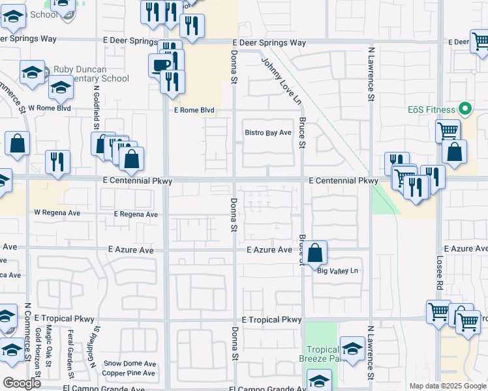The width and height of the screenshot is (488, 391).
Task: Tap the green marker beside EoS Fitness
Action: click(x=465, y=109)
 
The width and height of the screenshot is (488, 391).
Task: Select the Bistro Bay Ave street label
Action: click(x=267, y=133)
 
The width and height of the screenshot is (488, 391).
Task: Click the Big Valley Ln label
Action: click(x=338, y=270)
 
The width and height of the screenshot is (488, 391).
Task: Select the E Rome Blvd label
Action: click(x=194, y=110)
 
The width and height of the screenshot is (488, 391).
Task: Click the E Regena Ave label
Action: click(x=136, y=214)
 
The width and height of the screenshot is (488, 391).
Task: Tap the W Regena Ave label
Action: click(x=57, y=212)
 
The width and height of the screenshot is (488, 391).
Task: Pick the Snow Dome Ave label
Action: click(x=130, y=364)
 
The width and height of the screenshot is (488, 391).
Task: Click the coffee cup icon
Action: click(x=161, y=65)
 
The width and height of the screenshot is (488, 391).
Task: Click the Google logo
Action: click(x=22, y=383)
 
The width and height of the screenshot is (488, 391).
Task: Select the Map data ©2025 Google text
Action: click(x=447, y=386)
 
